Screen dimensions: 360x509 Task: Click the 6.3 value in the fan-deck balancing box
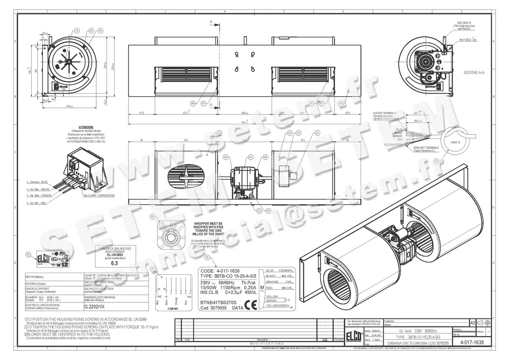114,262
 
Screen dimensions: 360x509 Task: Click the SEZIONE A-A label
473,73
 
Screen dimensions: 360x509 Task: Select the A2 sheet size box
473,323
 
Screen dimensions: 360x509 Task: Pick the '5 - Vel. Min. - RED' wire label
38,203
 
